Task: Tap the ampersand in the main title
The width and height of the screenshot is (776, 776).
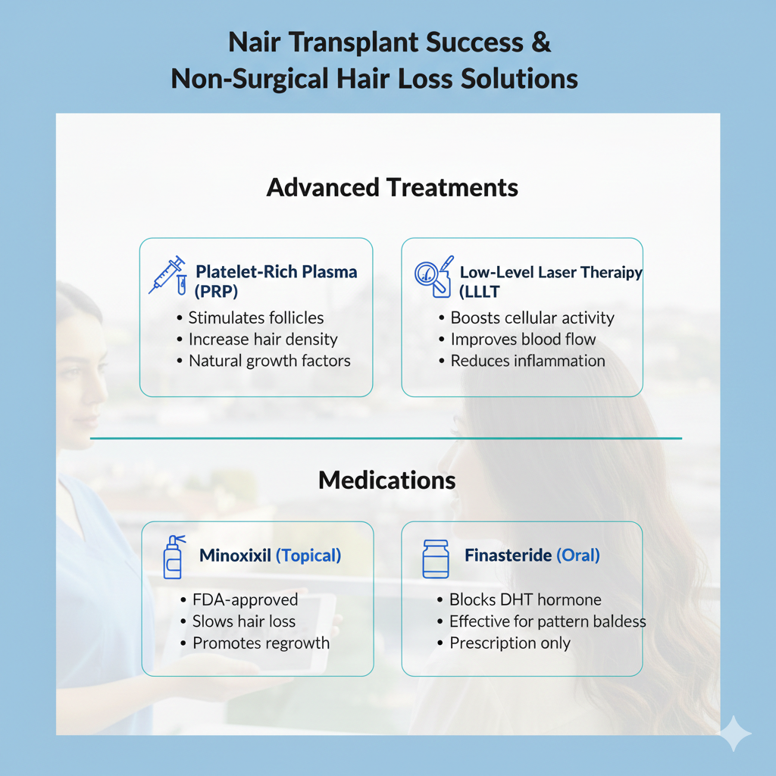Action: [541, 42]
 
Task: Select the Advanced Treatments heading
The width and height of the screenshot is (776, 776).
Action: [392, 188]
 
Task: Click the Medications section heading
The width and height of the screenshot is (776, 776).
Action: [387, 480]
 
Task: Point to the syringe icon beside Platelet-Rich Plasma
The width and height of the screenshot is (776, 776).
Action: [167, 276]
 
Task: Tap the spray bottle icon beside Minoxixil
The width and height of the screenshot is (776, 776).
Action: [174, 557]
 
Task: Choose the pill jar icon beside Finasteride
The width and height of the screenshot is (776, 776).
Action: [436, 559]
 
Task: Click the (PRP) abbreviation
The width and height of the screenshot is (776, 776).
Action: [216, 292]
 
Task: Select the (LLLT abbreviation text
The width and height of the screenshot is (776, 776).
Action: [479, 292]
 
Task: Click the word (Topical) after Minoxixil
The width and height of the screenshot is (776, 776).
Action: [308, 555]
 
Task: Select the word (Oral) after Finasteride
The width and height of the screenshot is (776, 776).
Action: [578, 555]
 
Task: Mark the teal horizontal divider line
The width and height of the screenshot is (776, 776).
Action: [386, 439]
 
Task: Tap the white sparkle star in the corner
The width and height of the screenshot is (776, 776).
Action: [734, 734]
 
